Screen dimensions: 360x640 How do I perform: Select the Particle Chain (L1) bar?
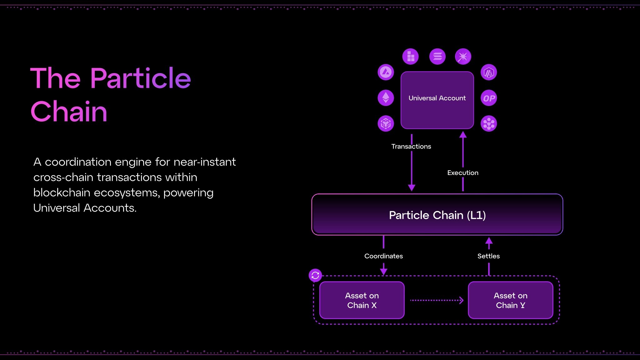[437, 215]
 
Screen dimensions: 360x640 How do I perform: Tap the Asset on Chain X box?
[362, 300]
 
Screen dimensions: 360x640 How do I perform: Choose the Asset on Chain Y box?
[510, 300]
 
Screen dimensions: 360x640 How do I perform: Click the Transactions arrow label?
[411, 147]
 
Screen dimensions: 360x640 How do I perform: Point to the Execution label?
[462, 173]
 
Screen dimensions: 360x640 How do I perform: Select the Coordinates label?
[383, 256]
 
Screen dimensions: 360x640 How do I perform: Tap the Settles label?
[488, 256]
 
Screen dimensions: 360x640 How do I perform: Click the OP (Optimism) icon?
[489, 98]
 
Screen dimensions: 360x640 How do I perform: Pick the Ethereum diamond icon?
[386, 97]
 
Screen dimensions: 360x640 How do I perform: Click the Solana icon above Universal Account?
[437, 57]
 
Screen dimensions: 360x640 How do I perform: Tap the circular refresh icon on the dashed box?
[315, 275]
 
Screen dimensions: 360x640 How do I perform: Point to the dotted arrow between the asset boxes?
[437, 300]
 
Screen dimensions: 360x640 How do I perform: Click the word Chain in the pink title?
[69, 112]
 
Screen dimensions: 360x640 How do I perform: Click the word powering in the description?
[188, 192]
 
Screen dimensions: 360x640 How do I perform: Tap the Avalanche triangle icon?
[386, 72]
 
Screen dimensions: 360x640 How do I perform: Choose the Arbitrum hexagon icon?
[489, 72]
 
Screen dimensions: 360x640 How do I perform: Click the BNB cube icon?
[386, 123]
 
